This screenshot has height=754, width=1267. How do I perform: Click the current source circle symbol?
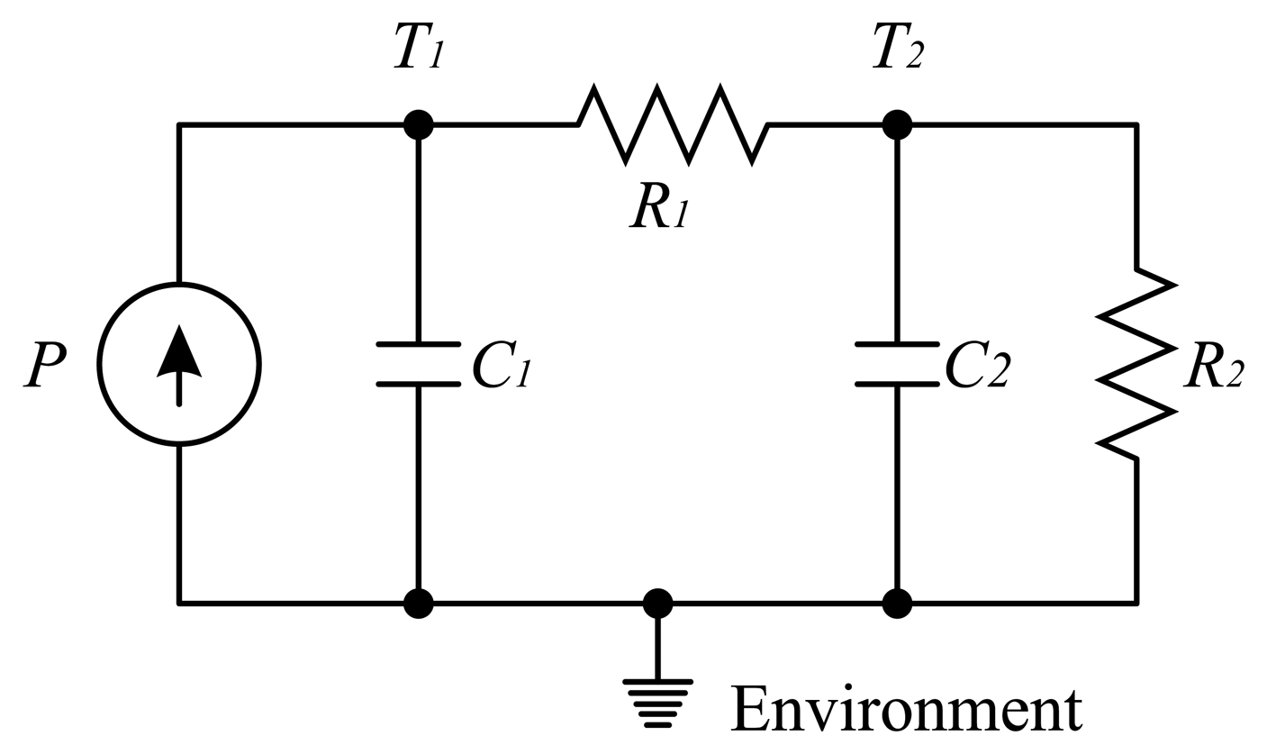coord(179,365)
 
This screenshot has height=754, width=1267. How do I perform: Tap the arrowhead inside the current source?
coord(179,351)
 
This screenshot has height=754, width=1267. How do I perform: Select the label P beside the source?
coord(45,364)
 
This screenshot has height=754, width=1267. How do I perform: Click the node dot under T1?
coord(419,124)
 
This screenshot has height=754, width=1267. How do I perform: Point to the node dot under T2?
coord(897,124)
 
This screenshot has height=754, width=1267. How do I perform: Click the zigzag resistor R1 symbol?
coord(673,124)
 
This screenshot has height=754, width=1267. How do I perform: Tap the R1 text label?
coord(659,204)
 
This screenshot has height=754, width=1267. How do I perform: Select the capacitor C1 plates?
coord(419,364)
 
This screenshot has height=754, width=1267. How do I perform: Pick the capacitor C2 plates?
coord(897,364)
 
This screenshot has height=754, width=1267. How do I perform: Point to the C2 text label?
coord(978,364)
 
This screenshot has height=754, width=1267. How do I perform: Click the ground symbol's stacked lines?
coord(658,704)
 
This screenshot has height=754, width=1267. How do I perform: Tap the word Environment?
coord(906,709)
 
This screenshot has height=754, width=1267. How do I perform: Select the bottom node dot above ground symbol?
coord(658,603)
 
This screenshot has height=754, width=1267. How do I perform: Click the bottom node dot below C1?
coord(419,603)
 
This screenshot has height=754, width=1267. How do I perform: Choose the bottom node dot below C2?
coord(897,603)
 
